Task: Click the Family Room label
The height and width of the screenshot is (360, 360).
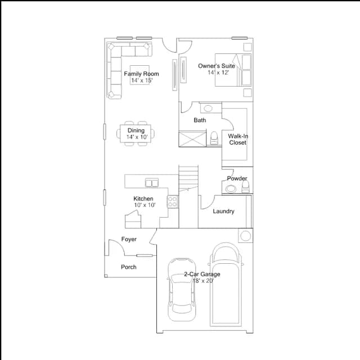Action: [141, 74]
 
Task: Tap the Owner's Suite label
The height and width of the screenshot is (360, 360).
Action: [217, 66]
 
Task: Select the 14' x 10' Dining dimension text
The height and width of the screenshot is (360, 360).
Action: [137, 137]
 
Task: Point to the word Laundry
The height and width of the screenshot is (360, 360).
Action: [224, 211]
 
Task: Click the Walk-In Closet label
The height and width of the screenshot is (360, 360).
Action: [238, 139]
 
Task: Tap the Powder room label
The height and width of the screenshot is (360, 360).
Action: [237, 178]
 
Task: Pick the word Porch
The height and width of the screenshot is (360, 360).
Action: [129, 267]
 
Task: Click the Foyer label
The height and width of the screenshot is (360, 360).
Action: [129, 239]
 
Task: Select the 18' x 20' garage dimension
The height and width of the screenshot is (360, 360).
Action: [203, 281]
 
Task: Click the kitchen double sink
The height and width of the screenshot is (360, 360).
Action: [152, 183]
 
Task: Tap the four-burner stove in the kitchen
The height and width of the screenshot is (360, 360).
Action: [173, 201]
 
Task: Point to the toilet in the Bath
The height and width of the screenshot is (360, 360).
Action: [214, 138]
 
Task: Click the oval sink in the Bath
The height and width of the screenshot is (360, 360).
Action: [208, 109]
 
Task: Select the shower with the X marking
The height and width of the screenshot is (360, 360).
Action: [192, 139]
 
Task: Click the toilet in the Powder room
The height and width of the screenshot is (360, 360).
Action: [245, 187]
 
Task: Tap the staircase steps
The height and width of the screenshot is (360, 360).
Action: [188, 178]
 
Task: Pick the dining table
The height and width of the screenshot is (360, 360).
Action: [136, 134]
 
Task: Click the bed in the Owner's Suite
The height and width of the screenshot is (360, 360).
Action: [233, 70]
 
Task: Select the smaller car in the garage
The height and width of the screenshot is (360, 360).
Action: [182, 290]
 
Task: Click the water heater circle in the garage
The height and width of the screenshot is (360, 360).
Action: [245, 236]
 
